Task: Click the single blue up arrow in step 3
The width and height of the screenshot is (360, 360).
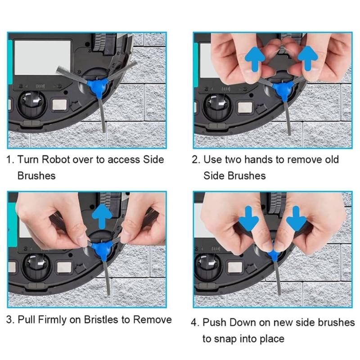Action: click(x=102, y=216)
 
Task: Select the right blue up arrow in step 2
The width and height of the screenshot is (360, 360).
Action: click(x=308, y=58)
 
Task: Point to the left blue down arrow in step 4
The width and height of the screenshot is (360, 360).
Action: click(x=249, y=218)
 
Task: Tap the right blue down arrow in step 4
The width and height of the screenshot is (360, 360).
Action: click(x=296, y=218)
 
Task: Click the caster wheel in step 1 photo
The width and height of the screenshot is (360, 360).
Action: click(x=32, y=104)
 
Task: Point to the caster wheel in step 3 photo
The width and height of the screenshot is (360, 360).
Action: click(x=36, y=267)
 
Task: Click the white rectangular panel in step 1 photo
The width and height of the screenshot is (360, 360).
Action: click(x=42, y=58)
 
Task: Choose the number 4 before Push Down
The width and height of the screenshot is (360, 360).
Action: click(x=194, y=323)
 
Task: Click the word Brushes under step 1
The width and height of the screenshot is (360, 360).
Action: click(x=36, y=175)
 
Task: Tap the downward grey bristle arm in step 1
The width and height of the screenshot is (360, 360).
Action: click(x=103, y=115)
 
